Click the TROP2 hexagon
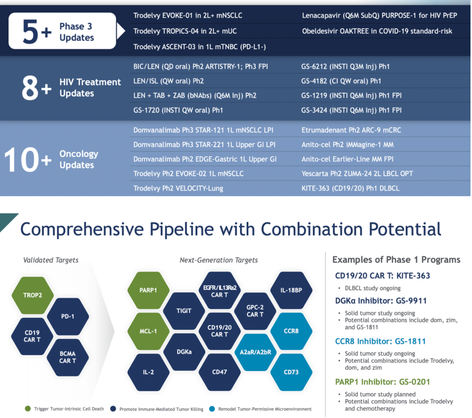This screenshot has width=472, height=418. pyautogui.click(x=33, y=295)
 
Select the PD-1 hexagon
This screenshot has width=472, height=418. pyautogui.click(x=68, y=316)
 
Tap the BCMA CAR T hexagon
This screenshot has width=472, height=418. pyautogui.click(x=68, y=357)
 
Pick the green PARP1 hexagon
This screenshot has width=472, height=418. pyautogui.click(x=148, y=290)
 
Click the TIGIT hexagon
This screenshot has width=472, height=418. pyautogui.click(x=184, y=311)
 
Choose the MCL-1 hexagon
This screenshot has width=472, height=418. pyautogui.click(x=148, y=331)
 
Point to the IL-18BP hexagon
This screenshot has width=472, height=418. pyautogui.click(x=291, y=290)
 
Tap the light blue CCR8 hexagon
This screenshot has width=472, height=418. pyautogui.click(x=291, y=331)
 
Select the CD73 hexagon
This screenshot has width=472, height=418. pyautogui.click(x=291, y=372)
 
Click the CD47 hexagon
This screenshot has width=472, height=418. pyautogui.click(x=220, y=372)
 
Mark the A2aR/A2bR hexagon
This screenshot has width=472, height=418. pyautogui.click(x=255, y=352)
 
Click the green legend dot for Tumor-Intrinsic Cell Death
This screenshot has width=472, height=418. pyautogui.click(x=28, y=409)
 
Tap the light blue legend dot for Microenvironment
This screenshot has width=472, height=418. pyautogui.click(x=212, y=409)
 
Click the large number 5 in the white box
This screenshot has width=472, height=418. pyautogui.click(x=30, y=32)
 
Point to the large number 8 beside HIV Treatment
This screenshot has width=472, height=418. pyautogui.click(x=30, y=88)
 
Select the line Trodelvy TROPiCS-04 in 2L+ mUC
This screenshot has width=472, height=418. pyautogui.click(x=185, y=31)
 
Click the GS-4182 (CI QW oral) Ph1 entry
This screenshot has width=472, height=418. pyautogui.click(x=341, y=81)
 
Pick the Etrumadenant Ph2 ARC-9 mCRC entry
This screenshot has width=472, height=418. pyautogui.click(x=351, y=130)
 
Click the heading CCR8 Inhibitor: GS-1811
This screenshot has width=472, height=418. pyautogui.click(x=380, y=341)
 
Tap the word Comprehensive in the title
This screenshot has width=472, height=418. pyautogui.click(x=82, y=229)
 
